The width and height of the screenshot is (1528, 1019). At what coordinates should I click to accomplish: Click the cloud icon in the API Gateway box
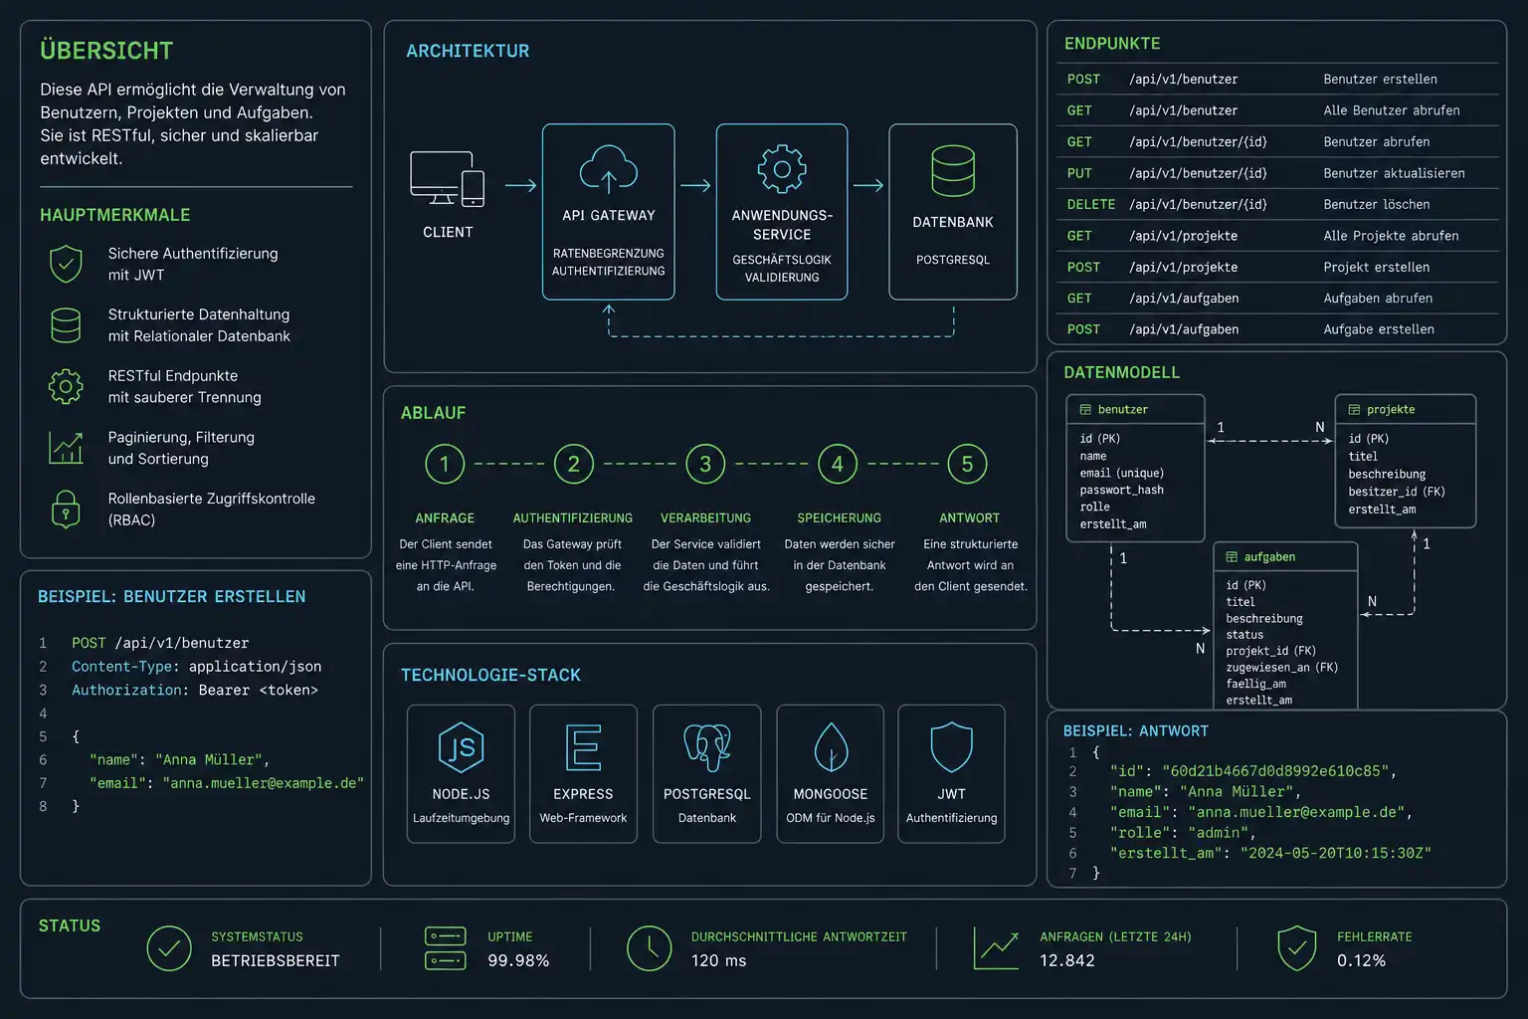[x=609, y=168]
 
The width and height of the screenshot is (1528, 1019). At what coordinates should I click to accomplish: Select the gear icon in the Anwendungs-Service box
[x=782, y=168]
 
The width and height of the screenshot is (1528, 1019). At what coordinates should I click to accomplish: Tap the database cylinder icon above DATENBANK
[x=953, y=170]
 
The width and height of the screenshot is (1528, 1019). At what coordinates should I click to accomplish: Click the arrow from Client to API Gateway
[x=520, y=185]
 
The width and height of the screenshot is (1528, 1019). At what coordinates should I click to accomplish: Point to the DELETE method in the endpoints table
[x=1090, y=204]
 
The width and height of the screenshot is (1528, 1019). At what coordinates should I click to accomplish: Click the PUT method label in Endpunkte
[x=1079, y=173]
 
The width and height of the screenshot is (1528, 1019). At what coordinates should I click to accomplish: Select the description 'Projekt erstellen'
[x=1376, y=267]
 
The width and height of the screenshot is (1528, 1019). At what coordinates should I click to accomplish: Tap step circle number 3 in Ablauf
[x=705, y=464]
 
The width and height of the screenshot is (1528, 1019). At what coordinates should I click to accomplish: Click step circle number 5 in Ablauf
[x=967, y=464]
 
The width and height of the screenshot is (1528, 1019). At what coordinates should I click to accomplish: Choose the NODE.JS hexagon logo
[x=462, y=747]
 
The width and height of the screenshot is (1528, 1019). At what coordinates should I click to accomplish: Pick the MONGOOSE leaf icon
[x=831, y=747]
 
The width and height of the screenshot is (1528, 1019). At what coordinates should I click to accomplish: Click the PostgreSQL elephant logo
[x=706, y=747]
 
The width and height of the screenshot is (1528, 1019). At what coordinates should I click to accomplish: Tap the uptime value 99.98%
[x=518, y=960]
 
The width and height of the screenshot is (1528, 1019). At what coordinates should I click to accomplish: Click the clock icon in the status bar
[x=650, y=948]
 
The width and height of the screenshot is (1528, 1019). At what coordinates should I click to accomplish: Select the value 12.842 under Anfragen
[x=1066, y=960]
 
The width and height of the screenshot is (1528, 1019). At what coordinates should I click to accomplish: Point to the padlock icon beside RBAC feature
[x=66, y=509]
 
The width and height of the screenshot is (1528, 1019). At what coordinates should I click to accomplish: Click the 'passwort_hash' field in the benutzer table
[x=1121, y=490]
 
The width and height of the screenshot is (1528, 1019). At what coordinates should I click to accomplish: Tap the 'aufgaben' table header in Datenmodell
[x=1269, y=557]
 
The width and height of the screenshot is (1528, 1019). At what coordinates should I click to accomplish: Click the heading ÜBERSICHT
[x=106, y=51]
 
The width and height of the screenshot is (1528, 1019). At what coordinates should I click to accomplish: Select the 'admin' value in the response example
[x=1218, y=833]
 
